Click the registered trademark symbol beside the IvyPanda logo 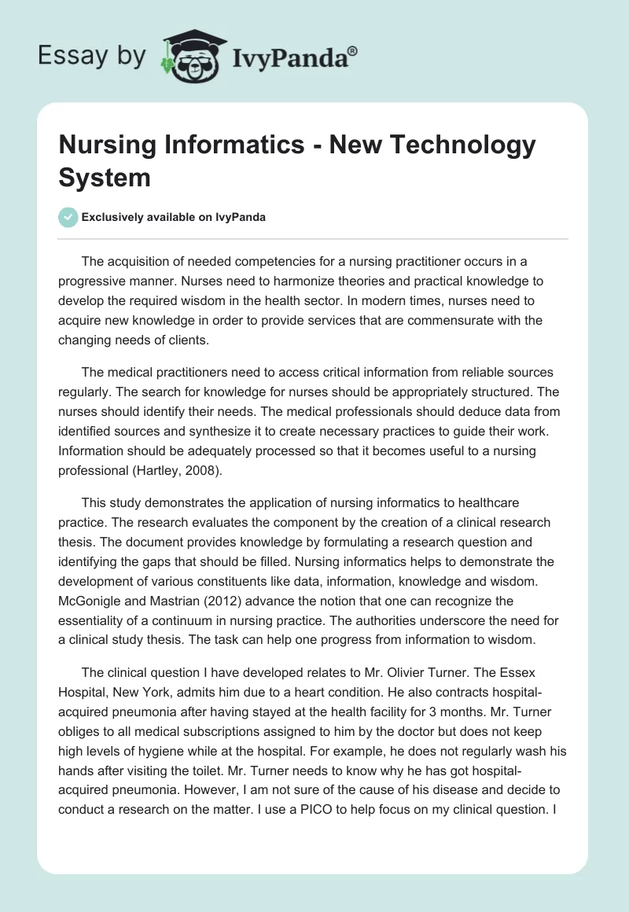353,50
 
